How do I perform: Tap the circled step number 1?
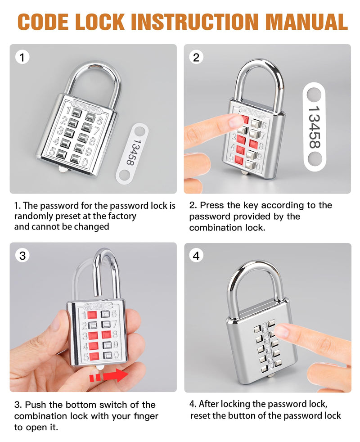pyautogui.click(x=22, y=57)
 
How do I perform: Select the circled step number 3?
pyautogui.click(x=22, y=256)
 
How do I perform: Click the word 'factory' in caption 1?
pyautogui.click(x=119, y=216)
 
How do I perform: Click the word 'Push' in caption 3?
pyautogui.click(x=34, y=405)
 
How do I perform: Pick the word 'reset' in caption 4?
pyautogui.click(x=200, y=415)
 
